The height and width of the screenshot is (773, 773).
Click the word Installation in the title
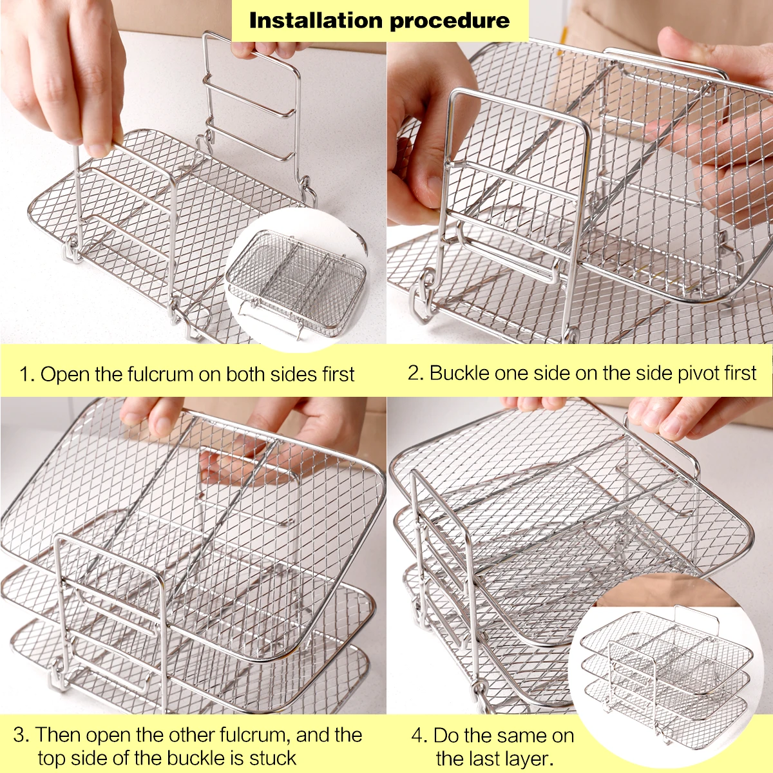pos(316,21)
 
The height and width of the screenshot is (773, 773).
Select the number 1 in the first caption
pos(24,374)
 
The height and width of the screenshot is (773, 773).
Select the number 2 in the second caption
pos(414,373)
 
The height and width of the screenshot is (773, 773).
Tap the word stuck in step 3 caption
pos(272,758)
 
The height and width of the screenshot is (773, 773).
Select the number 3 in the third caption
pos(21,735)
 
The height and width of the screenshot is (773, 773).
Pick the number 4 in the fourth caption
pos(419,736)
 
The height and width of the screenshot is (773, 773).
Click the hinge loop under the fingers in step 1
pos(72,248)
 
